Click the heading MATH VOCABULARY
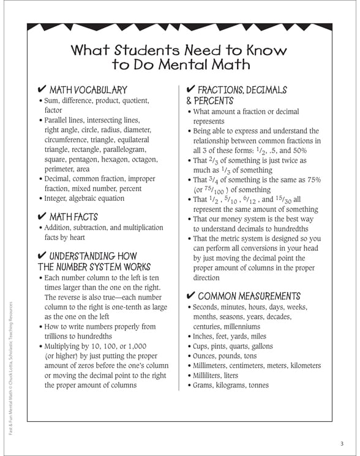88,90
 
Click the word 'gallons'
260,346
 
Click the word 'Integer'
58,198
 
